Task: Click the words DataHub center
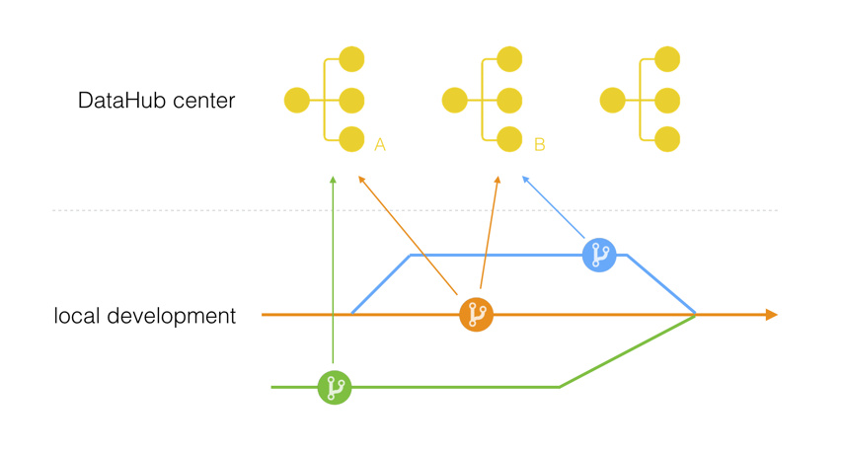click(x=156, y=101)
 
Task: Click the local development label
click(x=145, y=317)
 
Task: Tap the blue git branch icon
click(x=599, y=255)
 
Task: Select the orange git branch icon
click(x=476, y=315)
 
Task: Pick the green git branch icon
click(x=335, y=387)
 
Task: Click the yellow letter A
click(x=380, y=145)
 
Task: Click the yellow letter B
click(x=539, y=145)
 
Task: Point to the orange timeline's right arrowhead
click(x=771, y=315)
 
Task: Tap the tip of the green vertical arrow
click(x=334, y=179)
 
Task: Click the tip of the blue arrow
click(x=523, y=179)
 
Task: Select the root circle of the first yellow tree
click(x=296, y=100)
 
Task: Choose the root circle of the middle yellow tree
click(x=454, y=100)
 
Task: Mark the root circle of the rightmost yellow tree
click(x=613, y=100)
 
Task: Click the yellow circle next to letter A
click(x=351, y=139)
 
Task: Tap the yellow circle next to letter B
click(x=509, y=139)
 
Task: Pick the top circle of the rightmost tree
click(x=668, y=59)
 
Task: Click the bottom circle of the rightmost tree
click(x=668, y=139)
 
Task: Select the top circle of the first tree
click(x=351, y=59)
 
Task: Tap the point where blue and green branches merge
click(x=696, y=314)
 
